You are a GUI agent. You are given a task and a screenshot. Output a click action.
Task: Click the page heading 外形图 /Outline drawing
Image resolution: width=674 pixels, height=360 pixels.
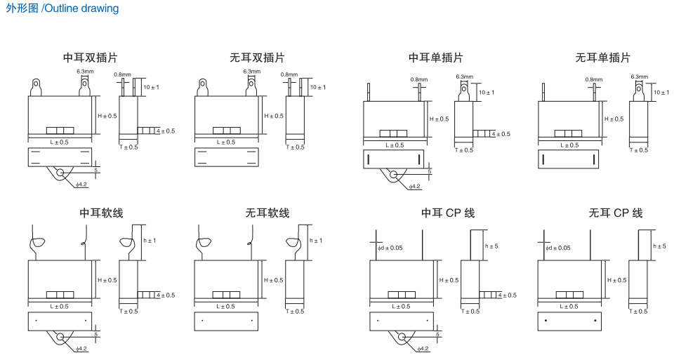tap(62, 8)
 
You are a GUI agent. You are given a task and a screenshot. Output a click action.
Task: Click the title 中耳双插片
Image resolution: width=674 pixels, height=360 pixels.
tap(91, 58)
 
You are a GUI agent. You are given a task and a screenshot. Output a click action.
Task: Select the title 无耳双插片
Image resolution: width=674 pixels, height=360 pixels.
tap(257, 58)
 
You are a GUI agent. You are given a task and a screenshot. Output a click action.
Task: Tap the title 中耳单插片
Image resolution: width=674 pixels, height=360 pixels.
tap(436, 58)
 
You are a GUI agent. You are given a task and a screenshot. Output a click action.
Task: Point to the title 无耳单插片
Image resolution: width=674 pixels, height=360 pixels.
tap(602, 58)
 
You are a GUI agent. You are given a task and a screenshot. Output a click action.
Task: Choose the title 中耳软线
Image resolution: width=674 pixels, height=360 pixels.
tap(101, 213)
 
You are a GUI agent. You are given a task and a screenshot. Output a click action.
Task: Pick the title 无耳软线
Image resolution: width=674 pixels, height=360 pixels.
tap(267, 213)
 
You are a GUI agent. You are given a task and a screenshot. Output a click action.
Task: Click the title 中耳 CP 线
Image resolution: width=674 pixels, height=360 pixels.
tap(448, 213)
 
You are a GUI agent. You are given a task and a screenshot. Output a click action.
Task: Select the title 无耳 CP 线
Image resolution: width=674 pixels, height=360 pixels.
tap(616, 213)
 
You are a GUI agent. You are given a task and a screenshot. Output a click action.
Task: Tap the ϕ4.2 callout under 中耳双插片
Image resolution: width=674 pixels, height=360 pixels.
tap(81, 185)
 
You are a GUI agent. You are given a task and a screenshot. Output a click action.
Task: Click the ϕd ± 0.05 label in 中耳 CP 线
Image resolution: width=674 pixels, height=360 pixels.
tap(390, 248)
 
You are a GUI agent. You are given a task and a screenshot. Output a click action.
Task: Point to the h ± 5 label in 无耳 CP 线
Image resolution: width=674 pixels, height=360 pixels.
tap(659, 246)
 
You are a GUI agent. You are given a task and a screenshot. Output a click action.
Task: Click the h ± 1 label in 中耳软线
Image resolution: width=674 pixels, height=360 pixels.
tap(150, 241)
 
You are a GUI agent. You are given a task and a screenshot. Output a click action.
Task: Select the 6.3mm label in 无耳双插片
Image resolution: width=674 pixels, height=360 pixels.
tap(252, 72)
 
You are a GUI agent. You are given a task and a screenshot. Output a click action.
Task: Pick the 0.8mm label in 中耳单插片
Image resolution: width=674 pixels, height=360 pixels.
tap(419, 79)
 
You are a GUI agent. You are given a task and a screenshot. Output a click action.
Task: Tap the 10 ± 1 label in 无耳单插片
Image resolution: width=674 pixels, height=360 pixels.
tap(661, 93)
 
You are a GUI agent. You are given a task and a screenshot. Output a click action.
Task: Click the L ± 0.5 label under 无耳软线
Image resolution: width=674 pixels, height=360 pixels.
tap(225, 306)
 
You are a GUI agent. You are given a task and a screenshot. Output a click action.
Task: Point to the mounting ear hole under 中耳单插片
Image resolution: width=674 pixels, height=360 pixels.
tap(393, 175)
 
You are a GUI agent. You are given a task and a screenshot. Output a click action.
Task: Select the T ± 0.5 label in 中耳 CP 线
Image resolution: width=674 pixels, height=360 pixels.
tap(470, 311)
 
